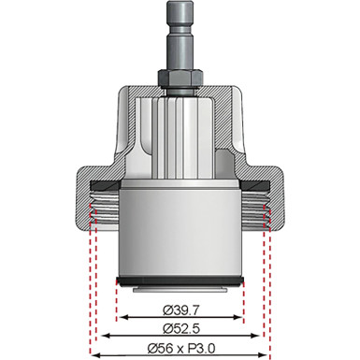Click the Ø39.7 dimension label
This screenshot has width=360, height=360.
tap(180, 308)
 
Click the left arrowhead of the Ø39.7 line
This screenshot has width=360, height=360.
tap(119, 317)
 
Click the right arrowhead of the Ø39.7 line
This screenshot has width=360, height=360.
tap(240, 317)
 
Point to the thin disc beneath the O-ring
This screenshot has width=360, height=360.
tap(180, 289)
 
